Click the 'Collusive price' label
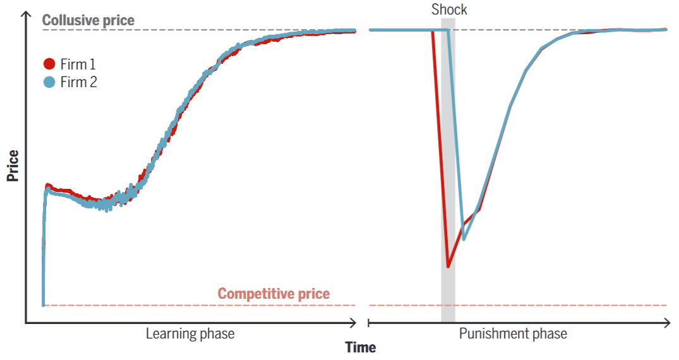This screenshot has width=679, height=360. click(x=88, y=20)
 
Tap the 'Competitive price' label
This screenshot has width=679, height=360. click(x=273, y=294)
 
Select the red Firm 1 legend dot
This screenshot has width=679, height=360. click(x=49, y=64)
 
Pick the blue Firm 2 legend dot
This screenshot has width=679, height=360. click(x=49, y=82)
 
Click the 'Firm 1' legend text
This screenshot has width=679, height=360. click(x=78, y=64)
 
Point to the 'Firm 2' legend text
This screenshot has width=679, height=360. click(x=79, y=82)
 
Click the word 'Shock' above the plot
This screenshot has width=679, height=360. click(x=449, y=9)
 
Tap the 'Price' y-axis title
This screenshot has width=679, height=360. click(x=12, y=165)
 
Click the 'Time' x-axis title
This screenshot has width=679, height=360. click(x=360, y=347)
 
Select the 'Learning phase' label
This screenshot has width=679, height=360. click(x=190, y=333)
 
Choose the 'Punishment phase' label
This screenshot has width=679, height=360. click(x=513, y=333)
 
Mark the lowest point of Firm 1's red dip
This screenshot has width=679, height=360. click(x=448, y=266)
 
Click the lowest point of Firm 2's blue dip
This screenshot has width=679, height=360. click(x=464, y=239)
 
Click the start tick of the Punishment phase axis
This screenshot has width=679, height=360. click(x=369, y=323)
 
